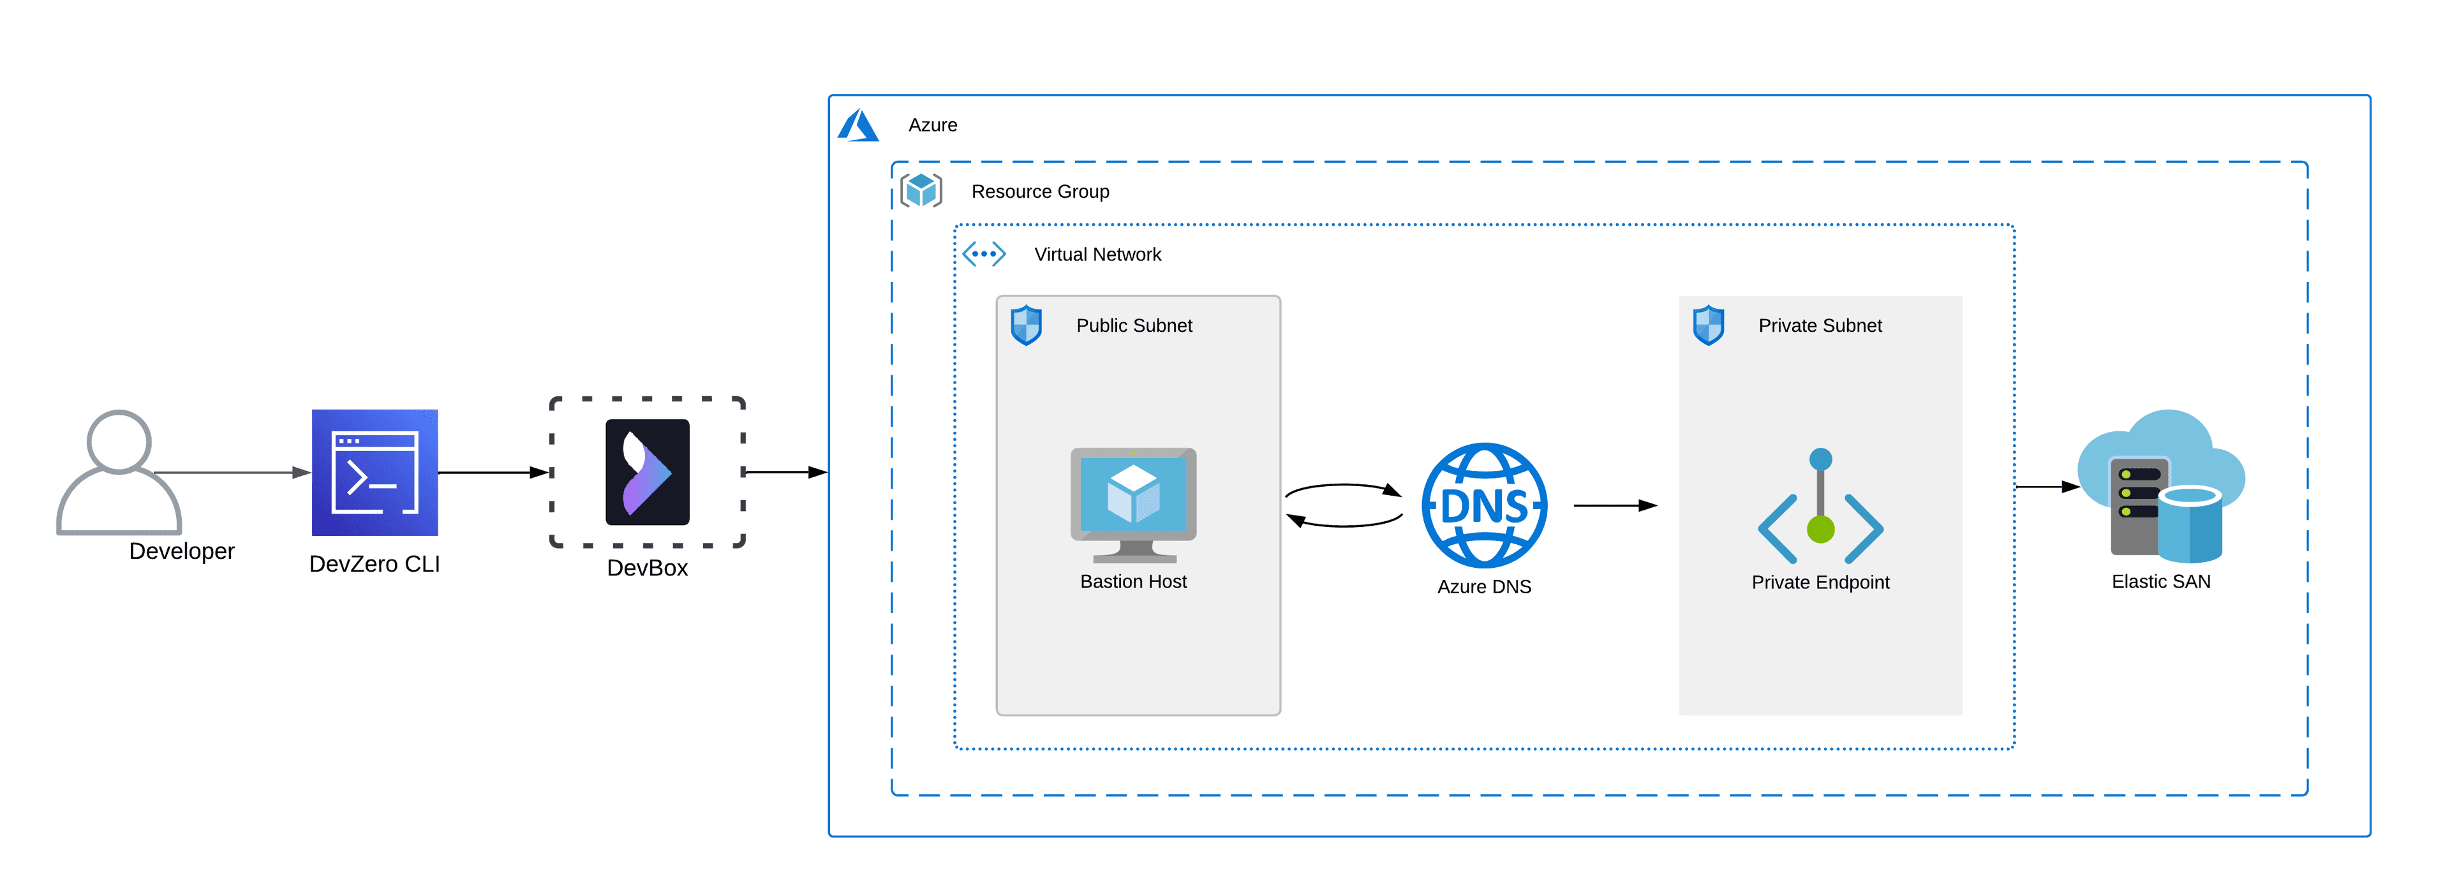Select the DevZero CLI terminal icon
[x=375, y=473]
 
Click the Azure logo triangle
[x=858, y=126]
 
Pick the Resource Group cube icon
[x=921, y=190]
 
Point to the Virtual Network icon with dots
[x=983, y=254]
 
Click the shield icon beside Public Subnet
[x=1026, y=325]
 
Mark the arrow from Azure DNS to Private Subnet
[x=1614, y=506]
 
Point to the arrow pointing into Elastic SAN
[x=2047, y=487]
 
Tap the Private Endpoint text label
[x=1820, y=582]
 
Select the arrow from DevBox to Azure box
[x=785, y=471]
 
